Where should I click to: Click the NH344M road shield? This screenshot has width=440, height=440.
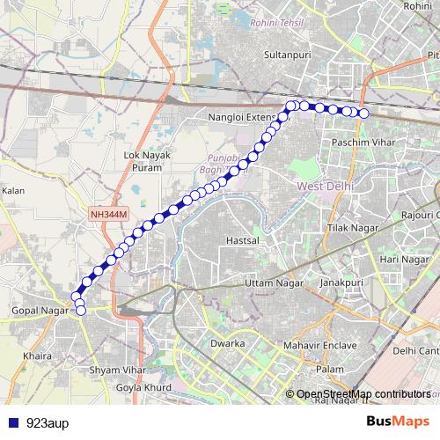click(109, 214)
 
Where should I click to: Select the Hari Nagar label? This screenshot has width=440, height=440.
click(403, 260)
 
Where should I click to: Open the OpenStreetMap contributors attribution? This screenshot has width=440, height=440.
click(363, 393)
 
